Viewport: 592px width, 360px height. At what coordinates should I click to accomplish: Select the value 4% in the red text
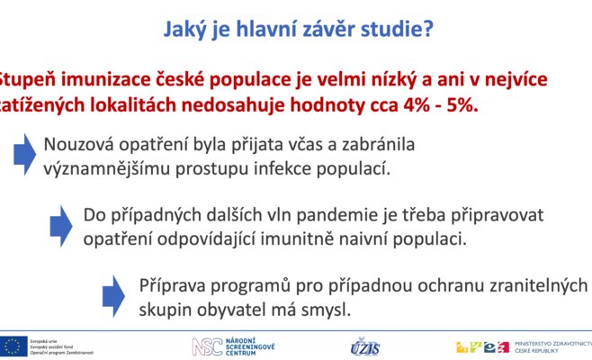coord(403,104)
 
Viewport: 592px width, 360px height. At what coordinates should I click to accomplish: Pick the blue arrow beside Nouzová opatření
coord(23,154)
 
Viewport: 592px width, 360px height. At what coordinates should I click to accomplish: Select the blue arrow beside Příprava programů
coord(113,296)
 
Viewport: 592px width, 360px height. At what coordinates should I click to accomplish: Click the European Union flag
coord(13,346)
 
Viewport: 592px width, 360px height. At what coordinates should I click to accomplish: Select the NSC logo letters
coord(204,346)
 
